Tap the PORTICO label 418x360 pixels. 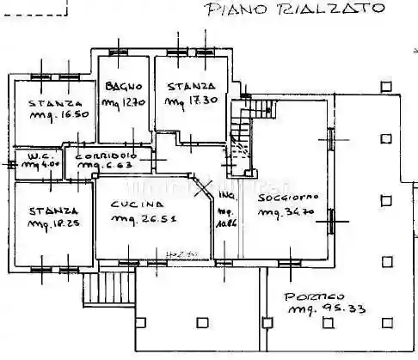310,295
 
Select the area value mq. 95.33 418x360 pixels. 323,308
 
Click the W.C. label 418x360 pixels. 28,156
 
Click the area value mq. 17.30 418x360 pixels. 189,102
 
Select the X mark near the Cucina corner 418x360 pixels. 206,191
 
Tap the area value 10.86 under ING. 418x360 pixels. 227,221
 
